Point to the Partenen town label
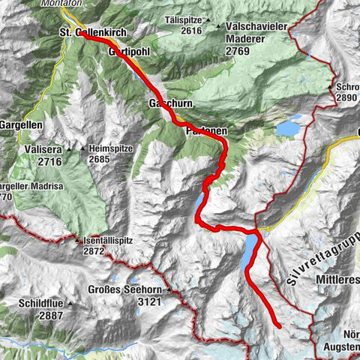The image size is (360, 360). point(205,130)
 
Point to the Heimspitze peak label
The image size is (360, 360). point(110,148)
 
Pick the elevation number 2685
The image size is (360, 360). point(100,159)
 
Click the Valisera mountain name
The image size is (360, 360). point(41,149)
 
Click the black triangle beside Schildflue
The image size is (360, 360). point(69,304)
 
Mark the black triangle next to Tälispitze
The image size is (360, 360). point(208,20)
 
